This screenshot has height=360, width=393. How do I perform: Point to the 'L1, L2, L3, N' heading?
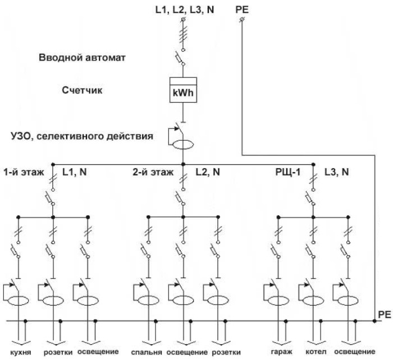click(x=183, y=9)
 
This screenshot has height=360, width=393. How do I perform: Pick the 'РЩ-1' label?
click(x=283, y=172)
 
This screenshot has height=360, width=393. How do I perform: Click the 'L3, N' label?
click(x=336, y=172)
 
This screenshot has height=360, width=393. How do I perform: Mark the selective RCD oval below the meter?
click(x=182, y=145)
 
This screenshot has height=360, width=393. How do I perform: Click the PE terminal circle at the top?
click(x=241, y=20)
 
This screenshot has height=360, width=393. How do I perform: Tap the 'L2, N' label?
click(x=207, y=172)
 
